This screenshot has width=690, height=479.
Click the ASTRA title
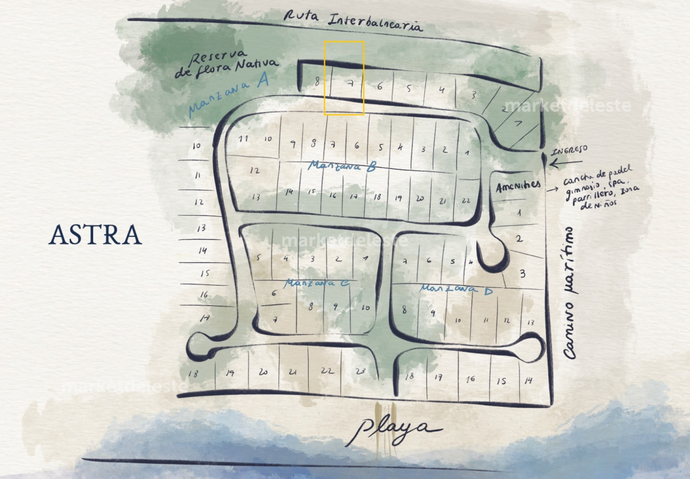[95, 235]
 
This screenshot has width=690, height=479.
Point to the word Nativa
[257, 65]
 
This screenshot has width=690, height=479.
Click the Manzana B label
[342, 166]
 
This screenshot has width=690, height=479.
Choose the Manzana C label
[316, 283]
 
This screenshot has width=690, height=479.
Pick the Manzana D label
[456, 289]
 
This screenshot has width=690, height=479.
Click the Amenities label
[518, 186]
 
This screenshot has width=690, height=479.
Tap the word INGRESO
[570, 150]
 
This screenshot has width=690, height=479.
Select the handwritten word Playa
[394, 430]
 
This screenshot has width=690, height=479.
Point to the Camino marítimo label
[570, 293]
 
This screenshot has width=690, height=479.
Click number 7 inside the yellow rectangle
[351, 83]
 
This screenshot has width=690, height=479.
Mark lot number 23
[360, 371]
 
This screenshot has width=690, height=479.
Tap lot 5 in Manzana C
[258, 257]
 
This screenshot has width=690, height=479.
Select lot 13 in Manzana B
[256, 197]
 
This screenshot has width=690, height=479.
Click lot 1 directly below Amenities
[519, 213]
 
